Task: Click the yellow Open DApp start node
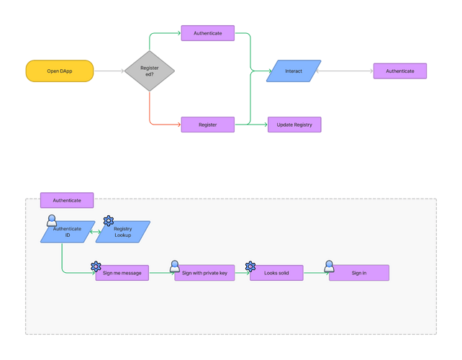tap(60, 71)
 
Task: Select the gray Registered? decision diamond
tap(150, 71)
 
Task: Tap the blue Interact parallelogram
tap(294, 71)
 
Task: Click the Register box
tap(208, 125)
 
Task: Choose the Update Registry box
tap(294, 125)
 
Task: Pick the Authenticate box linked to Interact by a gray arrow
tap(400, 71)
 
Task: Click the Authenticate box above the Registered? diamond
tap(208, 33)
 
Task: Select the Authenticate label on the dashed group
tap(67, 200)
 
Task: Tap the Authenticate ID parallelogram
tap(68, 232)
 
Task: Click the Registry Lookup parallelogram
tap(122, 232)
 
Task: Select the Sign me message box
tap(122, 273)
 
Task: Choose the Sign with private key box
tap(204, 273)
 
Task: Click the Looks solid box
tap(276, 273)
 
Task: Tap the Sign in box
tap(359, 273)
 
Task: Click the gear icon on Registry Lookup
tap(109, 220)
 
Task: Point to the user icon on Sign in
tap(329, 266)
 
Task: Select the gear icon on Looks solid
tap(250, 266)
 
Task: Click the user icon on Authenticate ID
tap(52, 220)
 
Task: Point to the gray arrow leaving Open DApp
tap(109, 71)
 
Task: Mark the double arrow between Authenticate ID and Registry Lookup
tap(95, 232)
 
